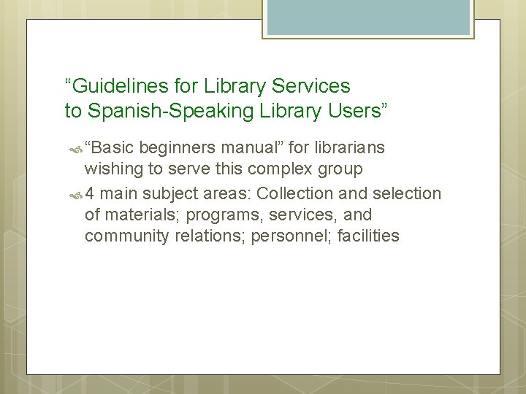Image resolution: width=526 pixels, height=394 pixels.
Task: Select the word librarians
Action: (x=348, y=148)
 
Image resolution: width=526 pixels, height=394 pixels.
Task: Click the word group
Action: (x=341, y=170)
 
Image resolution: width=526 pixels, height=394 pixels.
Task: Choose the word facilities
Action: (x=365, y=236)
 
